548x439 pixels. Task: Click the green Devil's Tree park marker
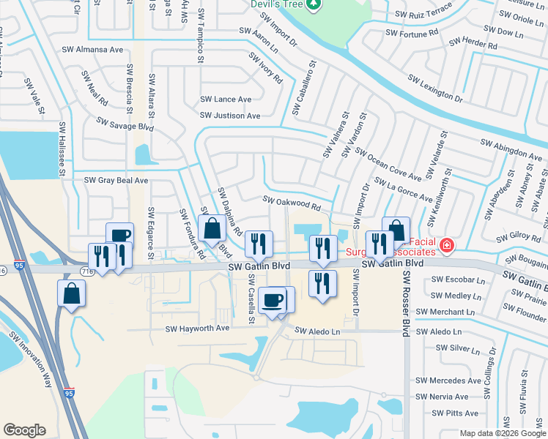point(314,4)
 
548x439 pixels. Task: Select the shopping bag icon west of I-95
point(72,294)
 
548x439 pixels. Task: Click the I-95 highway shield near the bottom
point(69,393)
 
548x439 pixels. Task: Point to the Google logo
point(24,430)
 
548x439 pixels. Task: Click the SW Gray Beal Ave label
point(116,180)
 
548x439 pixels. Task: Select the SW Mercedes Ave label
point(448,380)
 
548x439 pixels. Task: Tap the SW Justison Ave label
point(230,116)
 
